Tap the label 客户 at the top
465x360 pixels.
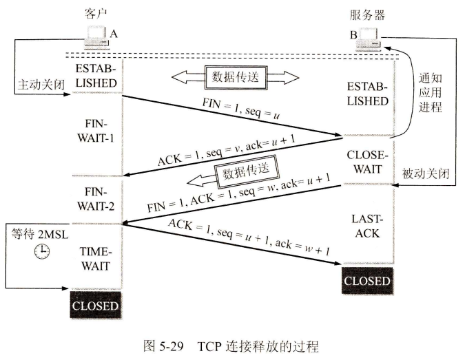click(x=96, y=13)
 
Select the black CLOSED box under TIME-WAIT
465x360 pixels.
click(x=96, y=305)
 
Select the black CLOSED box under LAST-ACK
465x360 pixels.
click(x=367, y=281)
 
